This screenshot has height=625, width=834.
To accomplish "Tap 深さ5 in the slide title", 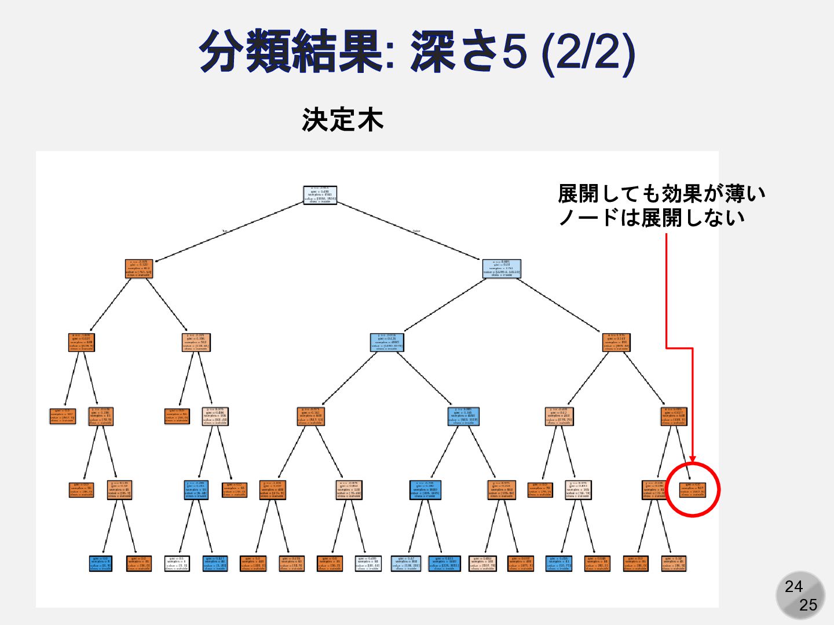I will tap(469, 51).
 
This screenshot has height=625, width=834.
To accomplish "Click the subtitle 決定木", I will tap(342, 120).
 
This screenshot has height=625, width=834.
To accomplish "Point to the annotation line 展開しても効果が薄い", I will tap(661, 194).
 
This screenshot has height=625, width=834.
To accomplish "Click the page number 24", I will tap(793, 587).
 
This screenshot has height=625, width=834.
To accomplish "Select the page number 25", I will tap(808, 605).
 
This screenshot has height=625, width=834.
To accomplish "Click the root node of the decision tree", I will tap(320, 195).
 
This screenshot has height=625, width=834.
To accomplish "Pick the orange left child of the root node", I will tap(139, 269).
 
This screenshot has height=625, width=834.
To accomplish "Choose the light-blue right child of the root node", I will tap(502, 269).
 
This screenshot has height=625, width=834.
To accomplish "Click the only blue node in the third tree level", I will tap(387, 343).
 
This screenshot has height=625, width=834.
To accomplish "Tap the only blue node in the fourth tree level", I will tap(463, 416).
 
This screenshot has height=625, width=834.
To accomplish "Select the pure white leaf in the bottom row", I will tap(177, 563).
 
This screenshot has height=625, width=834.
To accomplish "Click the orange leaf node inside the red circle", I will tap(693, 490).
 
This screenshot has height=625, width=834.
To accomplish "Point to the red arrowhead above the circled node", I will tap(693, 458).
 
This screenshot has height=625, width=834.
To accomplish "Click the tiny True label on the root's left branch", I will tap(224, 231).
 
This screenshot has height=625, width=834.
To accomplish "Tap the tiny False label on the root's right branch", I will tap(416, 231).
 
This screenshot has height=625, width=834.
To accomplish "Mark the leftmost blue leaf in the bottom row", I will tap(100, 563).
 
